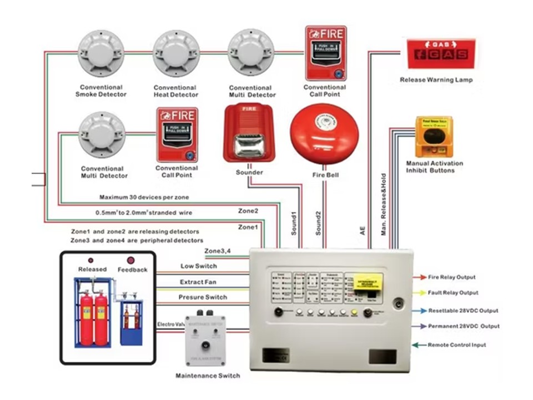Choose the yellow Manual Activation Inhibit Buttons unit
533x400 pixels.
[x=434, y=136]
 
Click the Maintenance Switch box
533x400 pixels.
[x=208, y=340]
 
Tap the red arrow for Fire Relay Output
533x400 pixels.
[x=419, y=277]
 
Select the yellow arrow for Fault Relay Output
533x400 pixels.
[x=419, y=293]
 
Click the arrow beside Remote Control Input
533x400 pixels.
[x=419, y=345]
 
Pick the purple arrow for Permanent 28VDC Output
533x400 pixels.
[x=419, y=326]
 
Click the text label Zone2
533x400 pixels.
[x=248, y=211]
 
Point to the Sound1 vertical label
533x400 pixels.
[x=294, y=222]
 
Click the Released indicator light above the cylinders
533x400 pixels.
[x=90, y=260]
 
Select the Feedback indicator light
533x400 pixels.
[x=131, y=260]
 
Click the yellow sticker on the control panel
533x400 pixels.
[x=369, y=283]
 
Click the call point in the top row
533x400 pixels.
[x=325, y=53]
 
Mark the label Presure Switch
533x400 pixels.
[x=203, y=297]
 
